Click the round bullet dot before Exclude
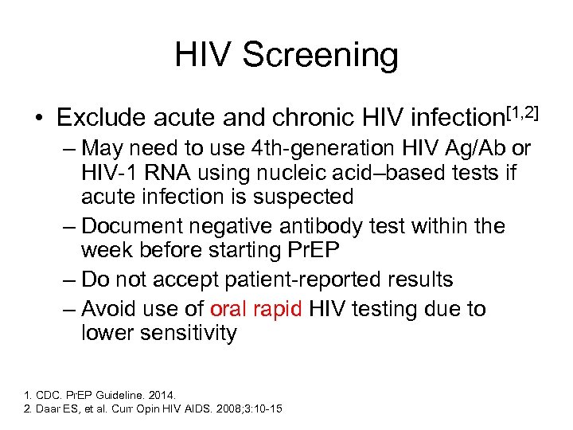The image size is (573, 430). (x=37, y=119)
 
